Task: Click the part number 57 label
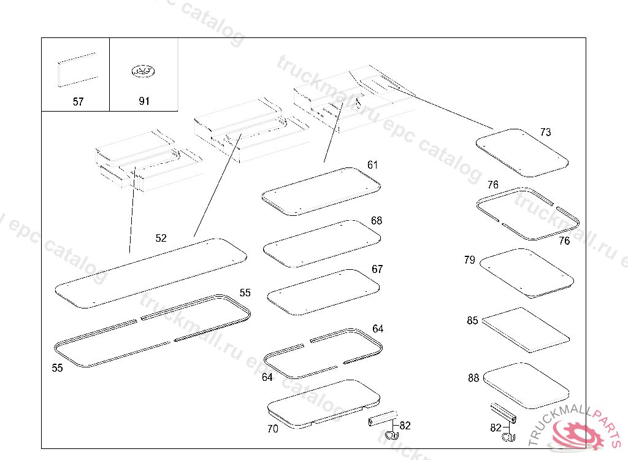click(78, 102)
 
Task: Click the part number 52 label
click(161, 238)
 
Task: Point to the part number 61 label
click(373, 165)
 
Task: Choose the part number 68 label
click(377, 220)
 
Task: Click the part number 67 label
click(377, 269)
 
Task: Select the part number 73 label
click(545, 132)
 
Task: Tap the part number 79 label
click(470, 260)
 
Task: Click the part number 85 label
click(472, 321)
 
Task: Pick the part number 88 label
click(473, 378)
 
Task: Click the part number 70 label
click(273, 429)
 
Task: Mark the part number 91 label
click(144, 102)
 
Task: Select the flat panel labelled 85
click(525, 330)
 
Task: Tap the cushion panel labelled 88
click(526, 385)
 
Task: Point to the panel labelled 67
click(324, 292)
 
